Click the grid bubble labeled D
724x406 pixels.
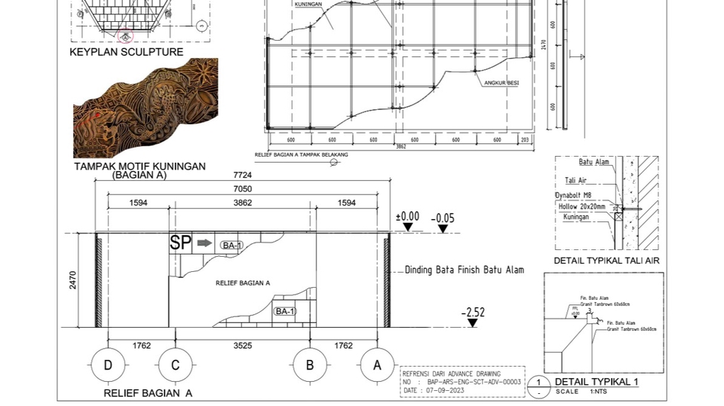click(x=108, y=365)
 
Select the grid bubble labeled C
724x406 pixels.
click(x=175, y=365)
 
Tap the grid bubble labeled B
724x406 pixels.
click(x=310, y=365)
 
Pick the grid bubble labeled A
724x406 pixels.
click(x=377, y=365)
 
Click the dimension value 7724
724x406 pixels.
click(x=242, y=176)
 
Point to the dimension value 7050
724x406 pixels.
click(x=242, y=189)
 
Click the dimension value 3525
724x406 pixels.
click(x=242, y=346)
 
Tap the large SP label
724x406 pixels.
click(x=180, y=243)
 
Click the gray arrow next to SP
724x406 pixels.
click(x=204, y=243)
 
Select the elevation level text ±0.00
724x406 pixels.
click(x=407, y=216)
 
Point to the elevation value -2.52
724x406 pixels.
click(x=473, y=312)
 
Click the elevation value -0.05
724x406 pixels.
click(x=443, y=218)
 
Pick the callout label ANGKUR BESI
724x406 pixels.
click(x=502, y=83)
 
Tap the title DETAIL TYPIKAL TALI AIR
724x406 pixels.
click(x=607, y=261)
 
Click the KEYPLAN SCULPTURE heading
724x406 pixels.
click(x=126, y=52)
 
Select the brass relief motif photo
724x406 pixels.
click(x=146, y=109)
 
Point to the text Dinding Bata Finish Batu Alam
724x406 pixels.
click(x=464, y=270)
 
